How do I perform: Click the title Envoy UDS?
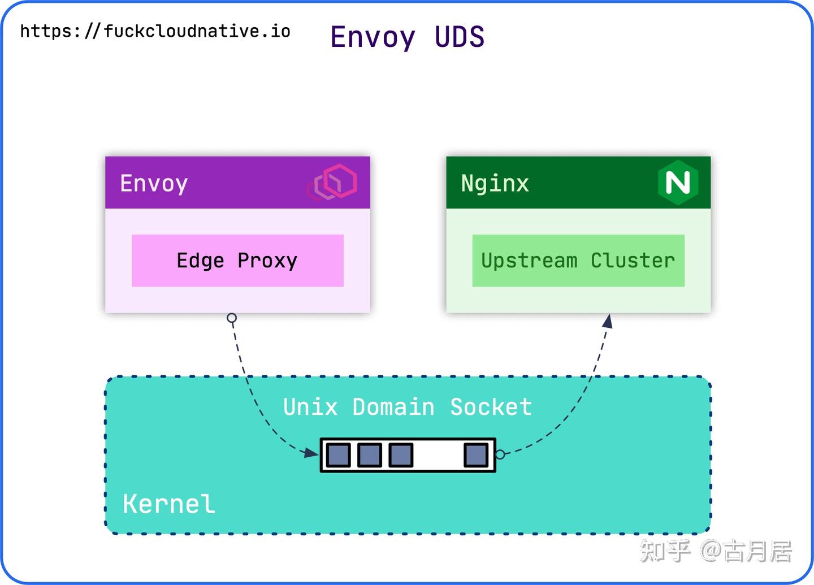(407, 37)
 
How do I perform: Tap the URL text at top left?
(155, 31)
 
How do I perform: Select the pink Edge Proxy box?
(237, 261)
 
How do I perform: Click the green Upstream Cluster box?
(578, 261)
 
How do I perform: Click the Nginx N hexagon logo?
(678, 182)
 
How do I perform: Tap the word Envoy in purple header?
(154, 184)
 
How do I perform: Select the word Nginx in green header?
(495, 184)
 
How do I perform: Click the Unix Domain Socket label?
(407, 407)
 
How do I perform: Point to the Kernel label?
(168, 504)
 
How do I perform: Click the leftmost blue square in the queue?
(339, 455)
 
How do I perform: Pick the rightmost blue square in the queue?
(476, 455)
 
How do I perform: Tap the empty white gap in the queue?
(438, 455)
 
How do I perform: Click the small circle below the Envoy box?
(232, 318)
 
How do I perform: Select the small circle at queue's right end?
(500, 454)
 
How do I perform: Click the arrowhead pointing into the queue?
(312, 453)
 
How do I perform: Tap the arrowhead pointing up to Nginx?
(608, 322)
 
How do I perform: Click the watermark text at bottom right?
(715, 551)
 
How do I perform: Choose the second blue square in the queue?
(370, 455)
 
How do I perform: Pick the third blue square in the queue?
(401, 455)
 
